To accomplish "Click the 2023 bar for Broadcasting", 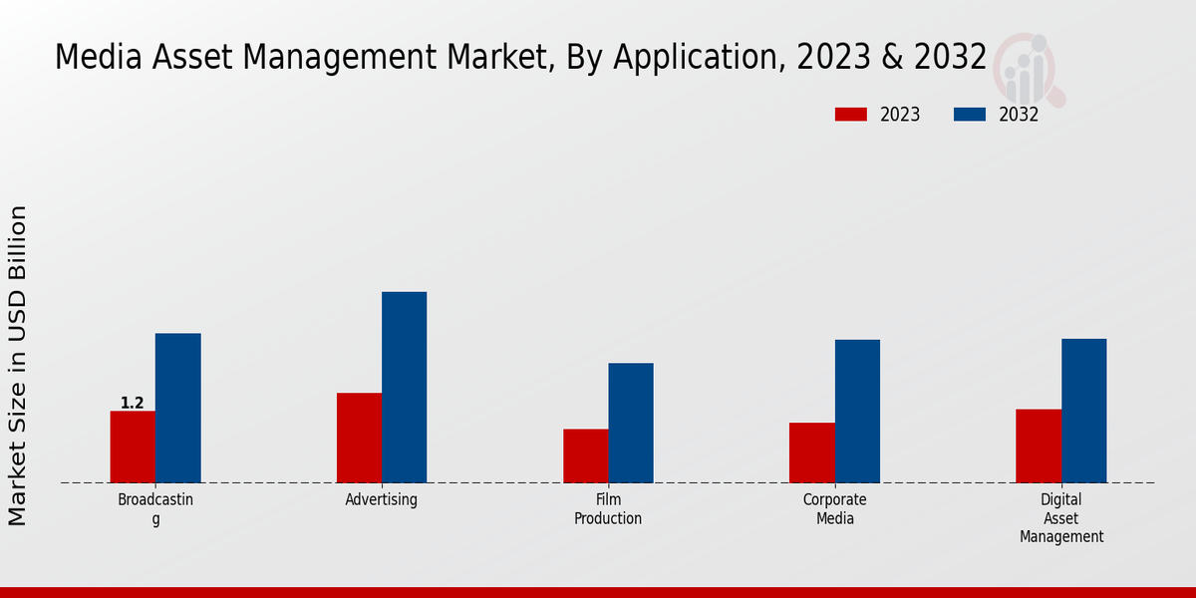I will pyautogui.click(x=133, y=447).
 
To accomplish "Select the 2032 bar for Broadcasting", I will pyautogui.click(x=177, y=408).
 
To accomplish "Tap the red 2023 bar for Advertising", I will pyautogui.click(x=359, y=438).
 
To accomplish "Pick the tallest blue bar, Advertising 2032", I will pyautogui.click(x=404, y=387).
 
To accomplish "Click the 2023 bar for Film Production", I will pyautogui.click(x=585, y=455).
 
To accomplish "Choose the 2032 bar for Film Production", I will pyautogui.click(x=631, y=423).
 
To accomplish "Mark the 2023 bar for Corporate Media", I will pyautogui.click(x=812, y=452).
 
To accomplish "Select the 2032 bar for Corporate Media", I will pyautogui.click(x=857, y=411).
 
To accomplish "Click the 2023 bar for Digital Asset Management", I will pyautogui.click(x=1039, y=446).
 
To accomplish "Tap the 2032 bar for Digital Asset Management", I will pyautogui.click(x=1083, y=411).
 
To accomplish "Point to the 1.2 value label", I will pyautogui.click(x=132, y=403).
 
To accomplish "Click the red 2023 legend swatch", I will pyautogui.click(x=851, y=115).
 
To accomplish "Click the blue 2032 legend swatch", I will pyautogui.click(x=970, y=115).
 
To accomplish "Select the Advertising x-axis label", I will pyautogui.click(x=382, y=499).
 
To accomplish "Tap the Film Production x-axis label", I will pyautogui.click(x=608, y=509).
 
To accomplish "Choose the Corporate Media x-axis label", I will pyautogui.click(x=835, y=509).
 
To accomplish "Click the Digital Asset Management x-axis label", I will pyautogui.click(x=1060, y=518).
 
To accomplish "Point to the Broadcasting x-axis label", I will pyautogui.click(x=155, y=508).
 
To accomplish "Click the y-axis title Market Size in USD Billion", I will pyautogui.click(x=18, y=365).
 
